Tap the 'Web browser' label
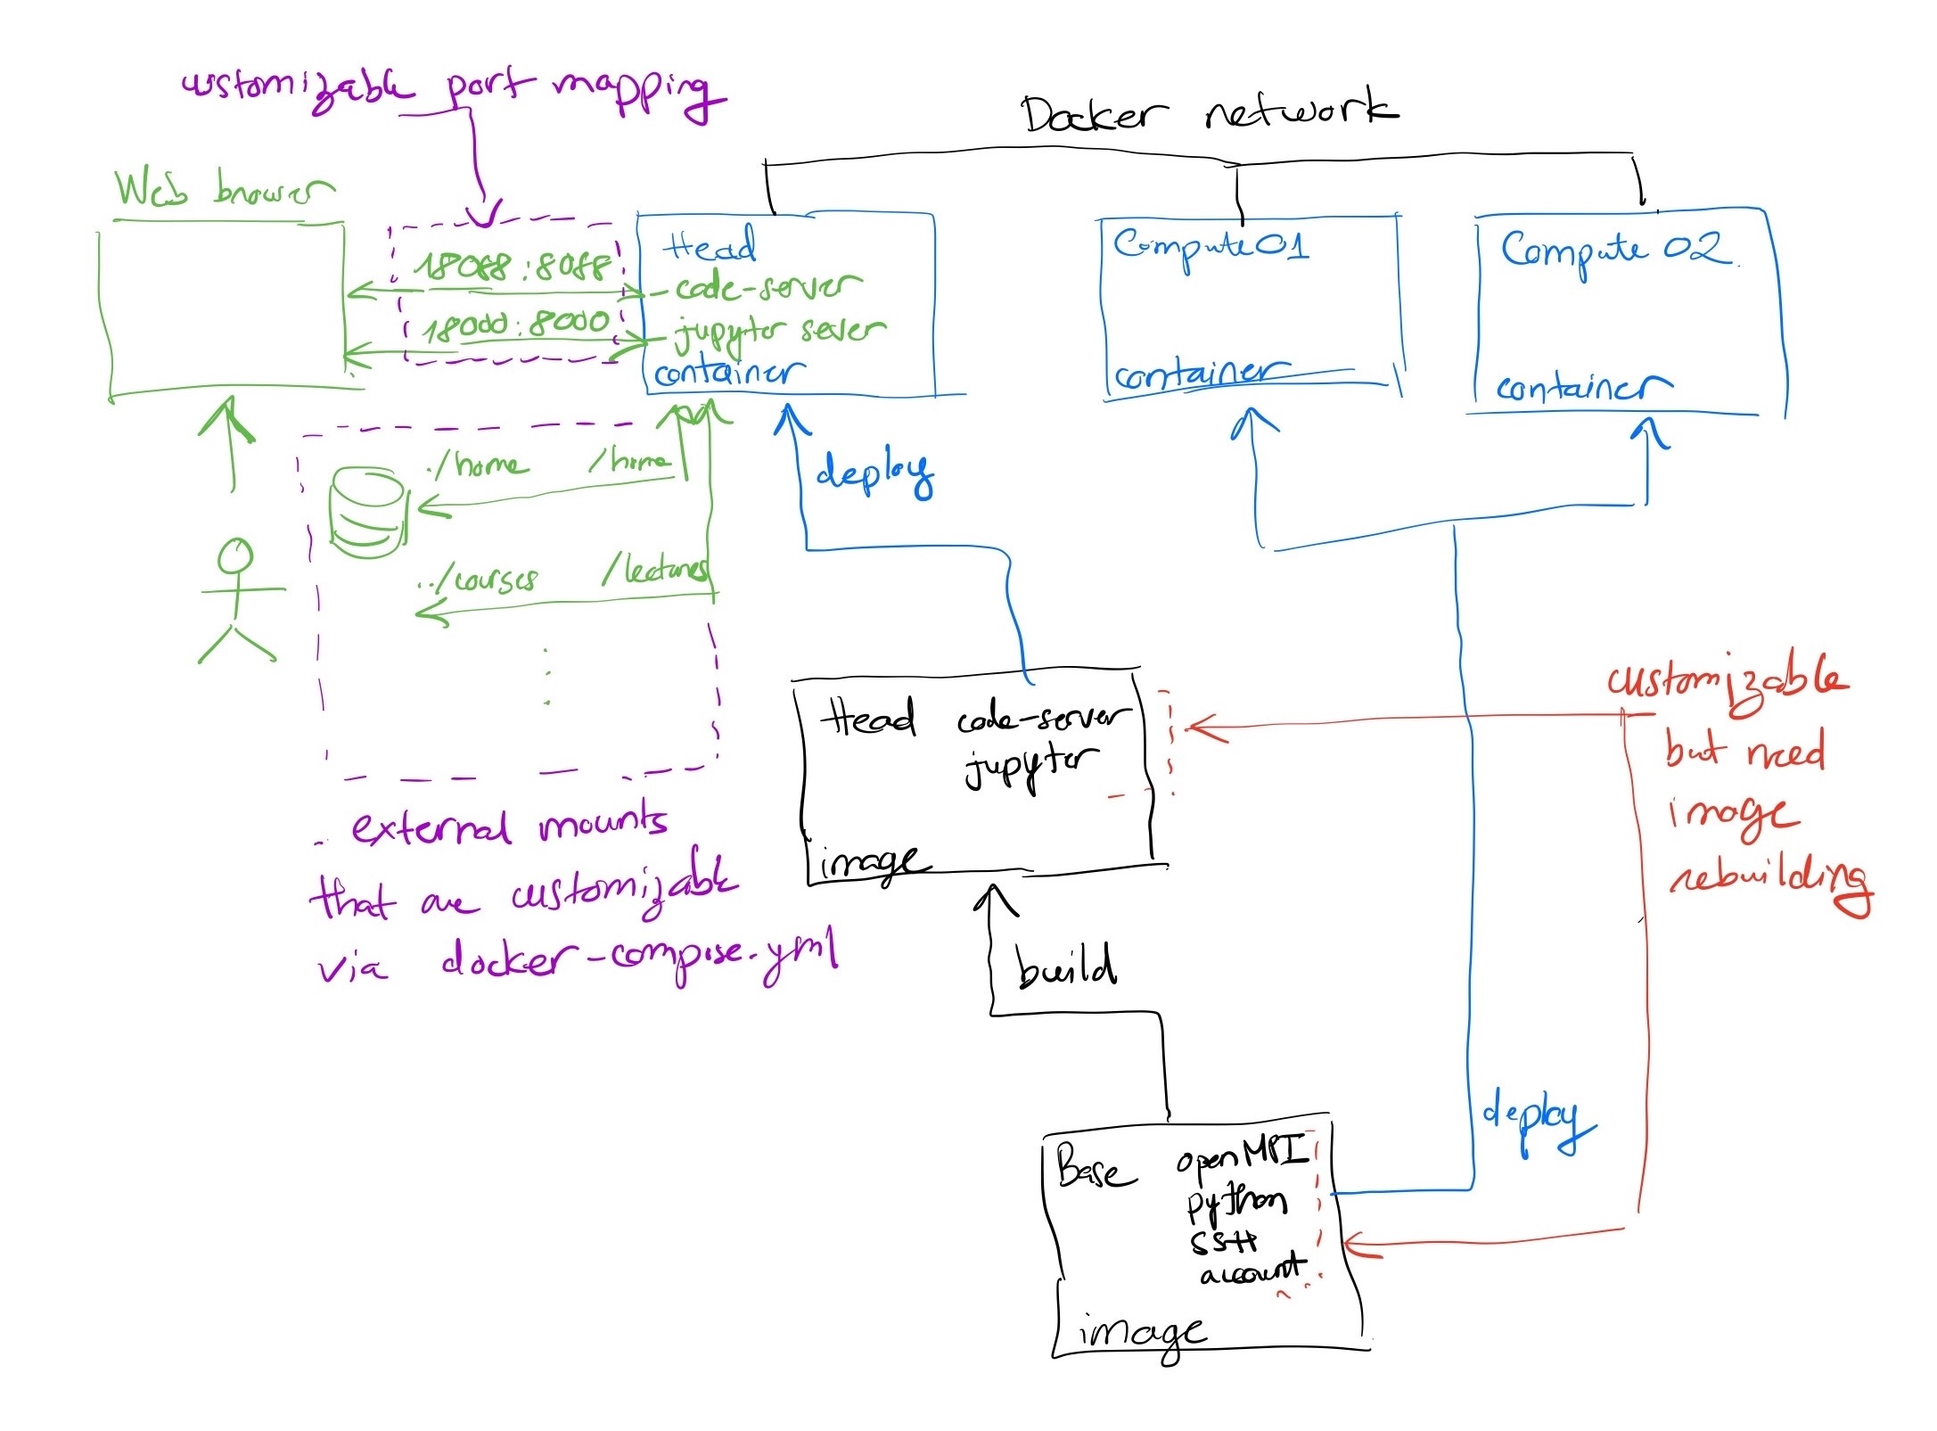(x=223, y=189)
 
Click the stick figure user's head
(x=235, y=556)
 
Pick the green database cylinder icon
(x=367, y=514)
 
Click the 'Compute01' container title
(x=1211, y=245)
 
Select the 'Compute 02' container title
(x=1615, y=251)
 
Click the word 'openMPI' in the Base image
(x=1242, y=1155)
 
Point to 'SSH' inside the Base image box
(x=1223, y=1242)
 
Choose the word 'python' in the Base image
(x=1236, y=1203)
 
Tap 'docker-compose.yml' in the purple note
(x=640, y=959)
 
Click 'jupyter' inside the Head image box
(x=1030, y=765)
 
